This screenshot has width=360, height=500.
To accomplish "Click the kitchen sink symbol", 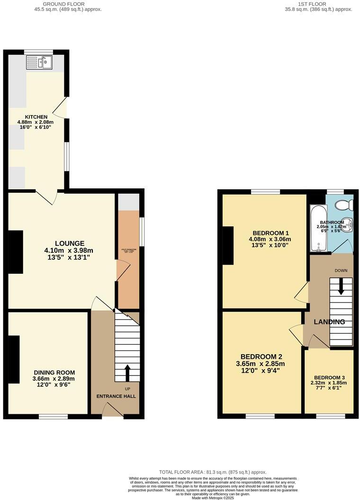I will tap(39, 62).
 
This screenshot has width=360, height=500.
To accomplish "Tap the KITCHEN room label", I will tap(36, 116).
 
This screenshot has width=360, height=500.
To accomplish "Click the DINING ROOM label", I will tap(54, 372).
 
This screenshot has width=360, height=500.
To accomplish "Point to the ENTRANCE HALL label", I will tap(116, 396).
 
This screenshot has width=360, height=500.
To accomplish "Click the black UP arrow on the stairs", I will tap(127, 373).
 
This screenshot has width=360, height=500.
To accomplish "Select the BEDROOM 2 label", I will tap(261, 357).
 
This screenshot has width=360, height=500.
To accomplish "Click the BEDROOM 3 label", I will tap(329, 377).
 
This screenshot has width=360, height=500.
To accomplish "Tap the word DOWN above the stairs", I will tap(341, 271).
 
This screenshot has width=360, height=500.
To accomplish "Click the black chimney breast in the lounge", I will tap(16, 251).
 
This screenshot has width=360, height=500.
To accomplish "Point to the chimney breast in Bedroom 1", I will tap(228, 245).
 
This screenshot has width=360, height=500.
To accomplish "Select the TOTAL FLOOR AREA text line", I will tap(213, 472).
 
